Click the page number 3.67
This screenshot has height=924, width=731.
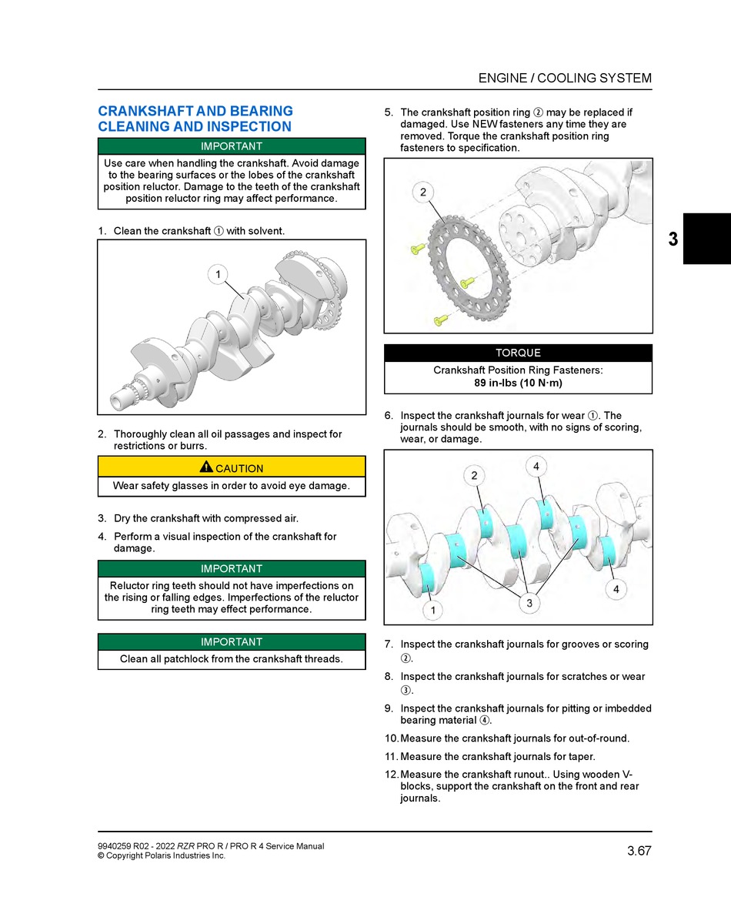click(x=639, y=851)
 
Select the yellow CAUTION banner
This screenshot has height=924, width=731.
click(x=232, y=467)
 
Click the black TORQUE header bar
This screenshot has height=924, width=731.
click(x=518, y=353)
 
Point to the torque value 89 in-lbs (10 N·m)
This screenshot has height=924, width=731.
click(x=518, y=383)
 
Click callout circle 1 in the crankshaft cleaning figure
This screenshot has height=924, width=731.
click(x=218, y=275)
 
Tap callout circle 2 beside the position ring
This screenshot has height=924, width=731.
click(x=423, y=192)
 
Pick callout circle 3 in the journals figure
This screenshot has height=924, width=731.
click(x=529, y=604)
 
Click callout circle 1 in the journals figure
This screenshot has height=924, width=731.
click(x=432, y=611)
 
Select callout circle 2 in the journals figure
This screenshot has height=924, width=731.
click(x=474, y=476)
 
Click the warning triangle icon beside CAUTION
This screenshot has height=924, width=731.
click(x=205, y=467)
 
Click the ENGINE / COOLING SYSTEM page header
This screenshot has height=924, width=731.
click(x=565, y=78)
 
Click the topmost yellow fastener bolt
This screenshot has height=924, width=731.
click(x=417, y=248)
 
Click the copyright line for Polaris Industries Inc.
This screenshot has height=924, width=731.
click(x=162, y=855)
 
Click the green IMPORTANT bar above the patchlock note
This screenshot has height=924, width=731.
click(x=232, y=642)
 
